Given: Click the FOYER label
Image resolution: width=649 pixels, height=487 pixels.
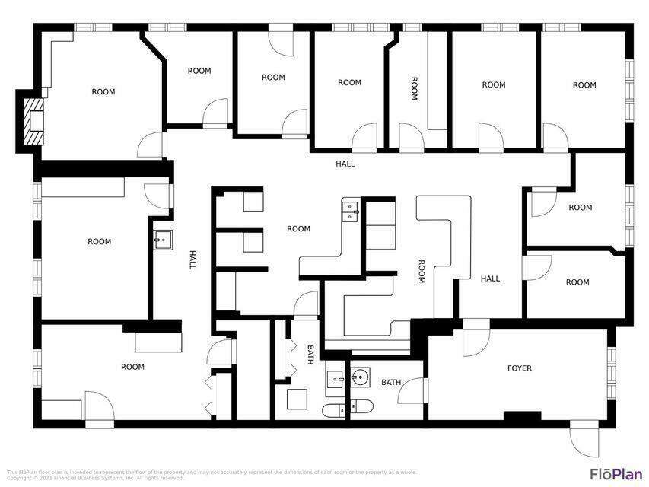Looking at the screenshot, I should pyautogui.click(x=520, y=368).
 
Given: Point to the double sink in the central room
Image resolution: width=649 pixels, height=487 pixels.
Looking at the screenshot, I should pyautogui.click(x=350, y=210).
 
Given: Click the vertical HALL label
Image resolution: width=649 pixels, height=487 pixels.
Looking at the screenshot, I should pyautogui.click(x=192, y=260).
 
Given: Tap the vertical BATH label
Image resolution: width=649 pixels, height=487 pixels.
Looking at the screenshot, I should pyautogui.click(x=310, y=355).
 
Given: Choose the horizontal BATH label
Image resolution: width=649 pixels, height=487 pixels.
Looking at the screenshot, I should pyautogui.click(x=391, y=382).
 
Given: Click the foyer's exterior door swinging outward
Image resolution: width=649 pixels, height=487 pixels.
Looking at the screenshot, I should pyautogui.click(x=584, y=438).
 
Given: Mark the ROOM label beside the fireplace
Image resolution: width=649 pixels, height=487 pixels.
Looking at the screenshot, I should pyautogui.click(x=103, y=92).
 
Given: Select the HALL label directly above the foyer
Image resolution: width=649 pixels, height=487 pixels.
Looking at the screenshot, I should pyautogui.click(x=491, y=279).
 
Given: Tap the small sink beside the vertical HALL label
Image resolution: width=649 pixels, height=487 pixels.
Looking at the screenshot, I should pyautogui.click(x=162, y=240).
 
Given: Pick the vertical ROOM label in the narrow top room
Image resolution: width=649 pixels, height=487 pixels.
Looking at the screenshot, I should pyautogui.click(x=415, y=88).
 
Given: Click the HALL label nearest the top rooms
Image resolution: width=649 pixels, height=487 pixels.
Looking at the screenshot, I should pyautogui.click(x=345, y=164).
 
